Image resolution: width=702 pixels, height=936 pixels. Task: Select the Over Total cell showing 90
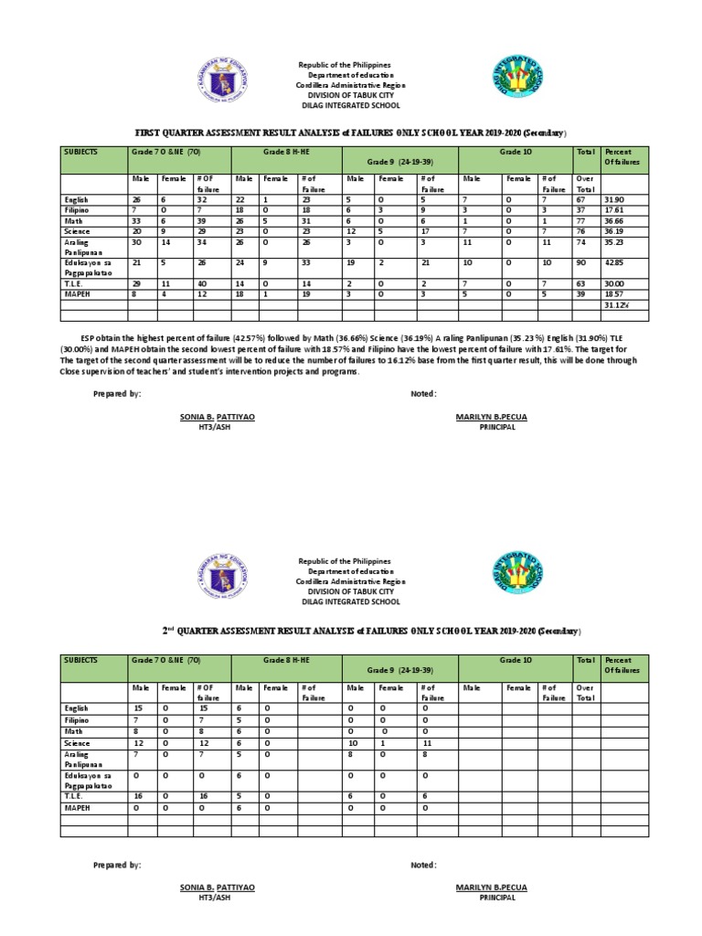580,264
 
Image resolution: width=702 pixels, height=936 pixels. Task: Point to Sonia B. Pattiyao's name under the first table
218,416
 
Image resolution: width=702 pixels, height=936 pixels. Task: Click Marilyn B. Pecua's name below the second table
491,887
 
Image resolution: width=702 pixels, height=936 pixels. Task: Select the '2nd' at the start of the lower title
168,631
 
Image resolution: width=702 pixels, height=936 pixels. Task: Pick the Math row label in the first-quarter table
73,220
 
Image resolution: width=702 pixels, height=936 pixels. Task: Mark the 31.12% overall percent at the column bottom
616,305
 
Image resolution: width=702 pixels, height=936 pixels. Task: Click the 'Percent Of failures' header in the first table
623,156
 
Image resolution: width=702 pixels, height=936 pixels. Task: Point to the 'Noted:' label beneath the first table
423,393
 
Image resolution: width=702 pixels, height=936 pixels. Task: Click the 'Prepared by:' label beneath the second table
117,864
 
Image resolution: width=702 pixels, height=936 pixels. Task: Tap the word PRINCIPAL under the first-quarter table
491,427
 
